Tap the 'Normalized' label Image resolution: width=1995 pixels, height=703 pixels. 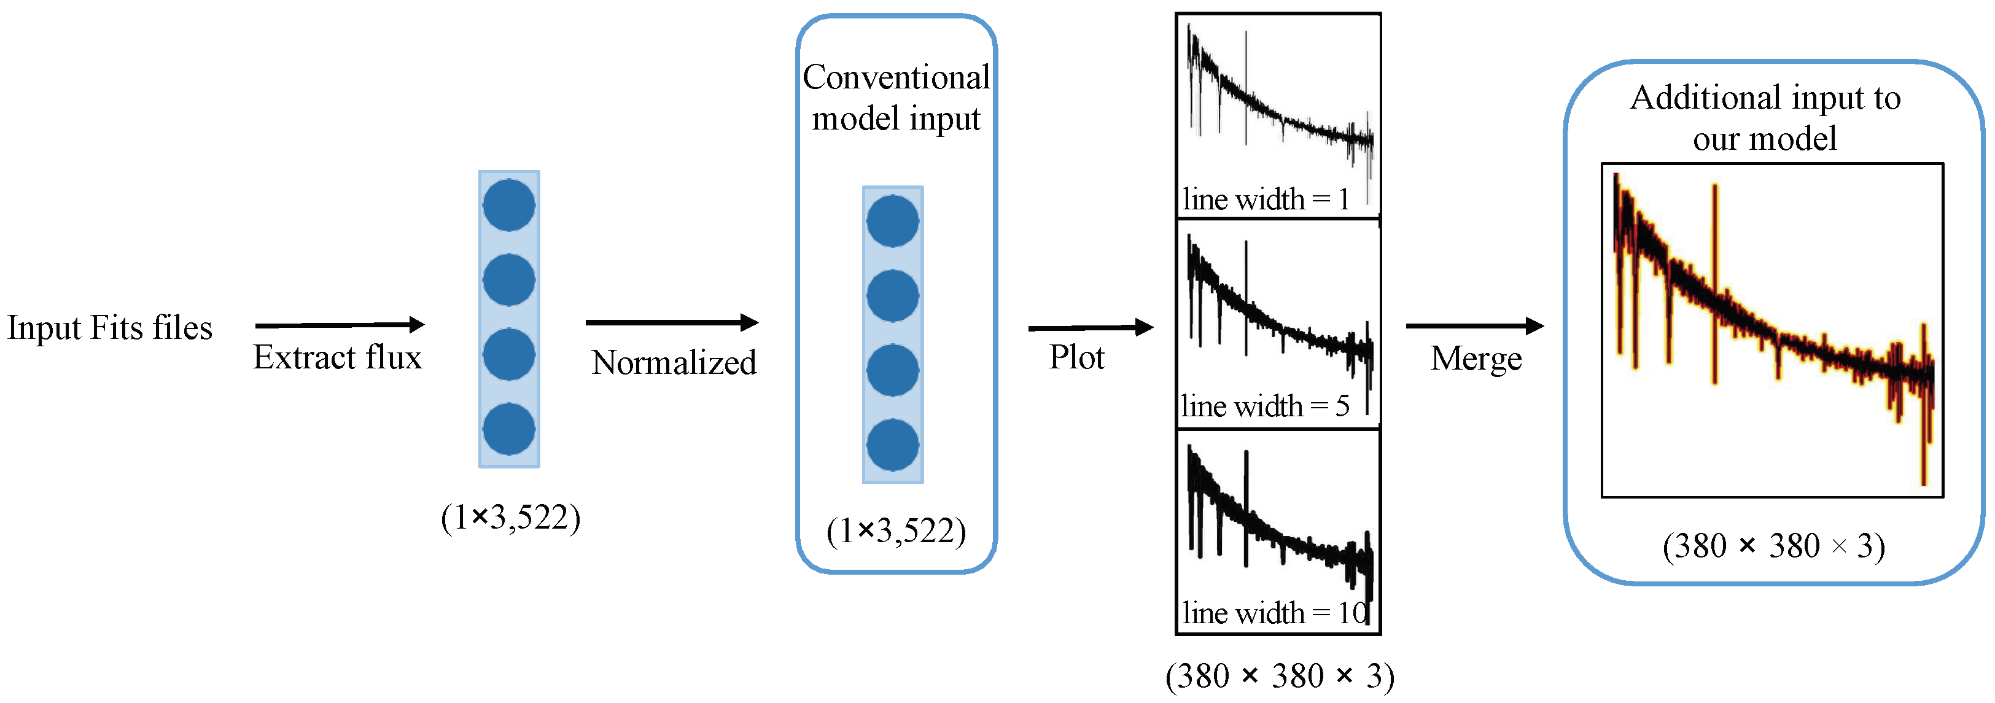673,362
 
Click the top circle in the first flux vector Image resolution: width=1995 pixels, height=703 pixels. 509,205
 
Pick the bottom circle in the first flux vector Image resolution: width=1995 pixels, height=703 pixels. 509,429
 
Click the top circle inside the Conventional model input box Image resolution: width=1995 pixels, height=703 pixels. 892,220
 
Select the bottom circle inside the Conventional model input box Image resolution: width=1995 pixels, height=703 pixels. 892,445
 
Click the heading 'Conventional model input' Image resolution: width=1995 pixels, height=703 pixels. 896,98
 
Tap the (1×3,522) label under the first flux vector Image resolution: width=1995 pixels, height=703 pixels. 510,517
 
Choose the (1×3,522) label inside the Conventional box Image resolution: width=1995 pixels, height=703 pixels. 896,531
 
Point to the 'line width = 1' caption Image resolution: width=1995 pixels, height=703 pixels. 1266,200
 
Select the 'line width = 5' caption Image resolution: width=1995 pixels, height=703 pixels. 1265,406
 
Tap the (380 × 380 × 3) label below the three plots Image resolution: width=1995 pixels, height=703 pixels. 1280,676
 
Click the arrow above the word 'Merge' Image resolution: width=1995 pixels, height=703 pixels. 1474,326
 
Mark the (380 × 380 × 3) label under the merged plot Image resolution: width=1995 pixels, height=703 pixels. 1773,546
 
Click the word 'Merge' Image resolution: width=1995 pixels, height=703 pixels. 1476,359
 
